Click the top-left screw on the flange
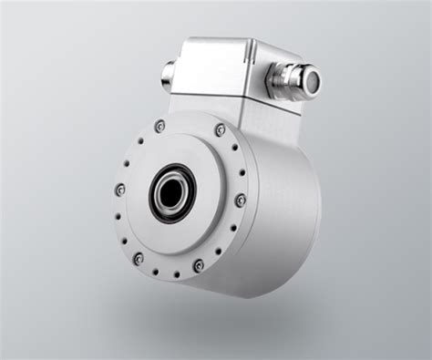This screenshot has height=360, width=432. point(160,126)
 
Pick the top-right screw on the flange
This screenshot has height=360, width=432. point(221,130)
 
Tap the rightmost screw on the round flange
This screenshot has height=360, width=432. point(241,200)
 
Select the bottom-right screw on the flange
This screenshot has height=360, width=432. point(199,265)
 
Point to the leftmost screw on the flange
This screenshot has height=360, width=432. point(120,190)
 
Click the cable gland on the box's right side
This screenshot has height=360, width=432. point(290,81)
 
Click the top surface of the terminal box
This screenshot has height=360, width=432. point(228,46)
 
